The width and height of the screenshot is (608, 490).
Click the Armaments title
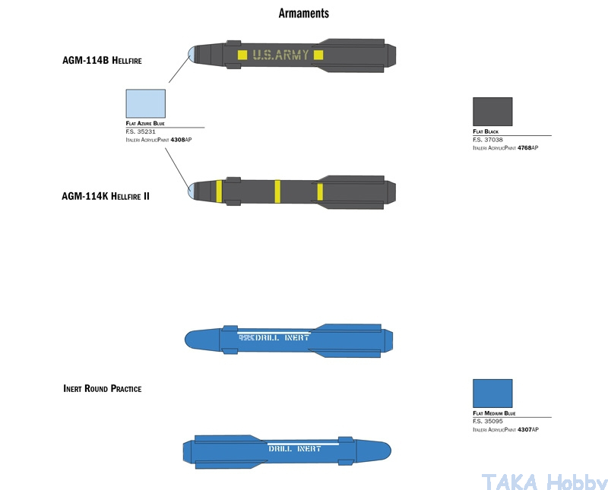(303, 14)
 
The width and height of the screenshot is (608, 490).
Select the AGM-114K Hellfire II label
(106, 196)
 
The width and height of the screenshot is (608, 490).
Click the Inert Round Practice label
(102, 388)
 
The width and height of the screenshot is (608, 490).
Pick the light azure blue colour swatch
(145, 103)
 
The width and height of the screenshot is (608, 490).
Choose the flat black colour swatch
(492, 111)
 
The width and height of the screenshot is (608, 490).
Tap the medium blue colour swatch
(492, 394)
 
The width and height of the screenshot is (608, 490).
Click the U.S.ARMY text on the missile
(281, 55)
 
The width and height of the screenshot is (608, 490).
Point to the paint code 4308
(178, 140)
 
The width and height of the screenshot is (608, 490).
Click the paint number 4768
(524, 148)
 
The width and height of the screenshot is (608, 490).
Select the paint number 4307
(524, 430)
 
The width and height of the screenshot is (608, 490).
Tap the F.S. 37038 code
(487, 140)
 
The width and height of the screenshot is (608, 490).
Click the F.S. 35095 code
(487, 422)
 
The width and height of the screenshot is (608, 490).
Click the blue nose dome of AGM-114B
(193, 53)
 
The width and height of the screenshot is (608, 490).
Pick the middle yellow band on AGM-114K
(277, 191)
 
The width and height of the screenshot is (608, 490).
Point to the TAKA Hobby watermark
(544, 481)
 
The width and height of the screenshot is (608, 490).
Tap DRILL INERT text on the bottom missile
(295, 448)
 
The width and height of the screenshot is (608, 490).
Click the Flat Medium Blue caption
(494, 414)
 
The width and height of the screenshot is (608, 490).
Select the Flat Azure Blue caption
(145, 123)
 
